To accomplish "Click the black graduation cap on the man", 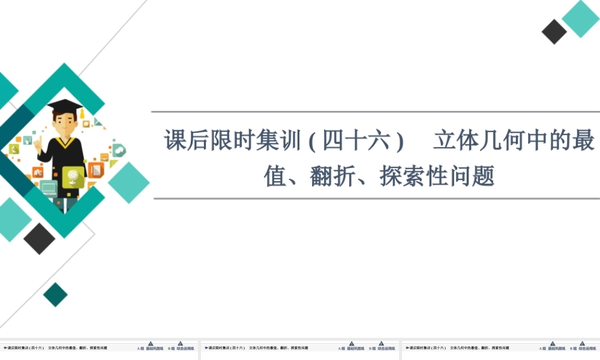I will click(x=64, y=105).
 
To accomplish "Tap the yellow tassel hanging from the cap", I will click(x=82, y=112).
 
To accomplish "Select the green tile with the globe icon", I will click(x=73, y=177).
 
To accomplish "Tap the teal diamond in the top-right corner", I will click(x=580, y=18).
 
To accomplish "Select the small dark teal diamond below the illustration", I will click(x=55, y=295).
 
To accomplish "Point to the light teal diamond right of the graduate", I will click(x=128, y=182).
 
